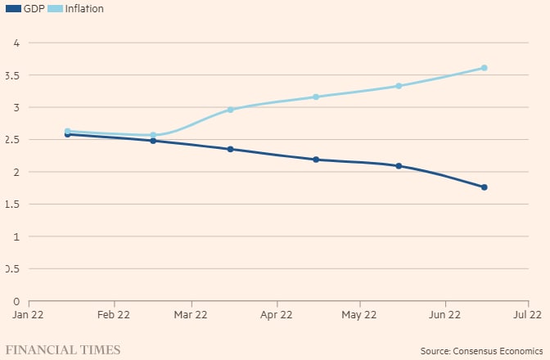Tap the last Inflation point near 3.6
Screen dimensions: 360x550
pyautogui.click(x=484, y=68)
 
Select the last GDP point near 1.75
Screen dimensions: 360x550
pyautogui.click(x=484, y=187)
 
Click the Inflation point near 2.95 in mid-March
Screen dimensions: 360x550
pyautogui.click(x=231, y=110)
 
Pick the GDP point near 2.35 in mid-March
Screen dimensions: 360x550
pyautogui.click(x=231, y=149)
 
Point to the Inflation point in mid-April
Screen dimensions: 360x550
pyautogui.click(x=316, y=97)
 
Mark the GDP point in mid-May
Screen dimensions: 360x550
pyautogui.click(x=399, y=166)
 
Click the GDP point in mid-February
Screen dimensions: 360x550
pyautogui.click(x=153, y=141)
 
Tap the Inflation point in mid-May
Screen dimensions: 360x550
pyautogui.click(x=399, y=86)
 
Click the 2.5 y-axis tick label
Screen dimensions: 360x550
pyautogui.click(x=11, y=140)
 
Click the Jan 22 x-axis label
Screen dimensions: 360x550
pyautogui.click(x=29, y=314)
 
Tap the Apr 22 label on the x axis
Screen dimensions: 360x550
pyautogui.click(x=276, y=314)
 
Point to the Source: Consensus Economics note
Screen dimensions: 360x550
pyautogui.click(x=481, y=351)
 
